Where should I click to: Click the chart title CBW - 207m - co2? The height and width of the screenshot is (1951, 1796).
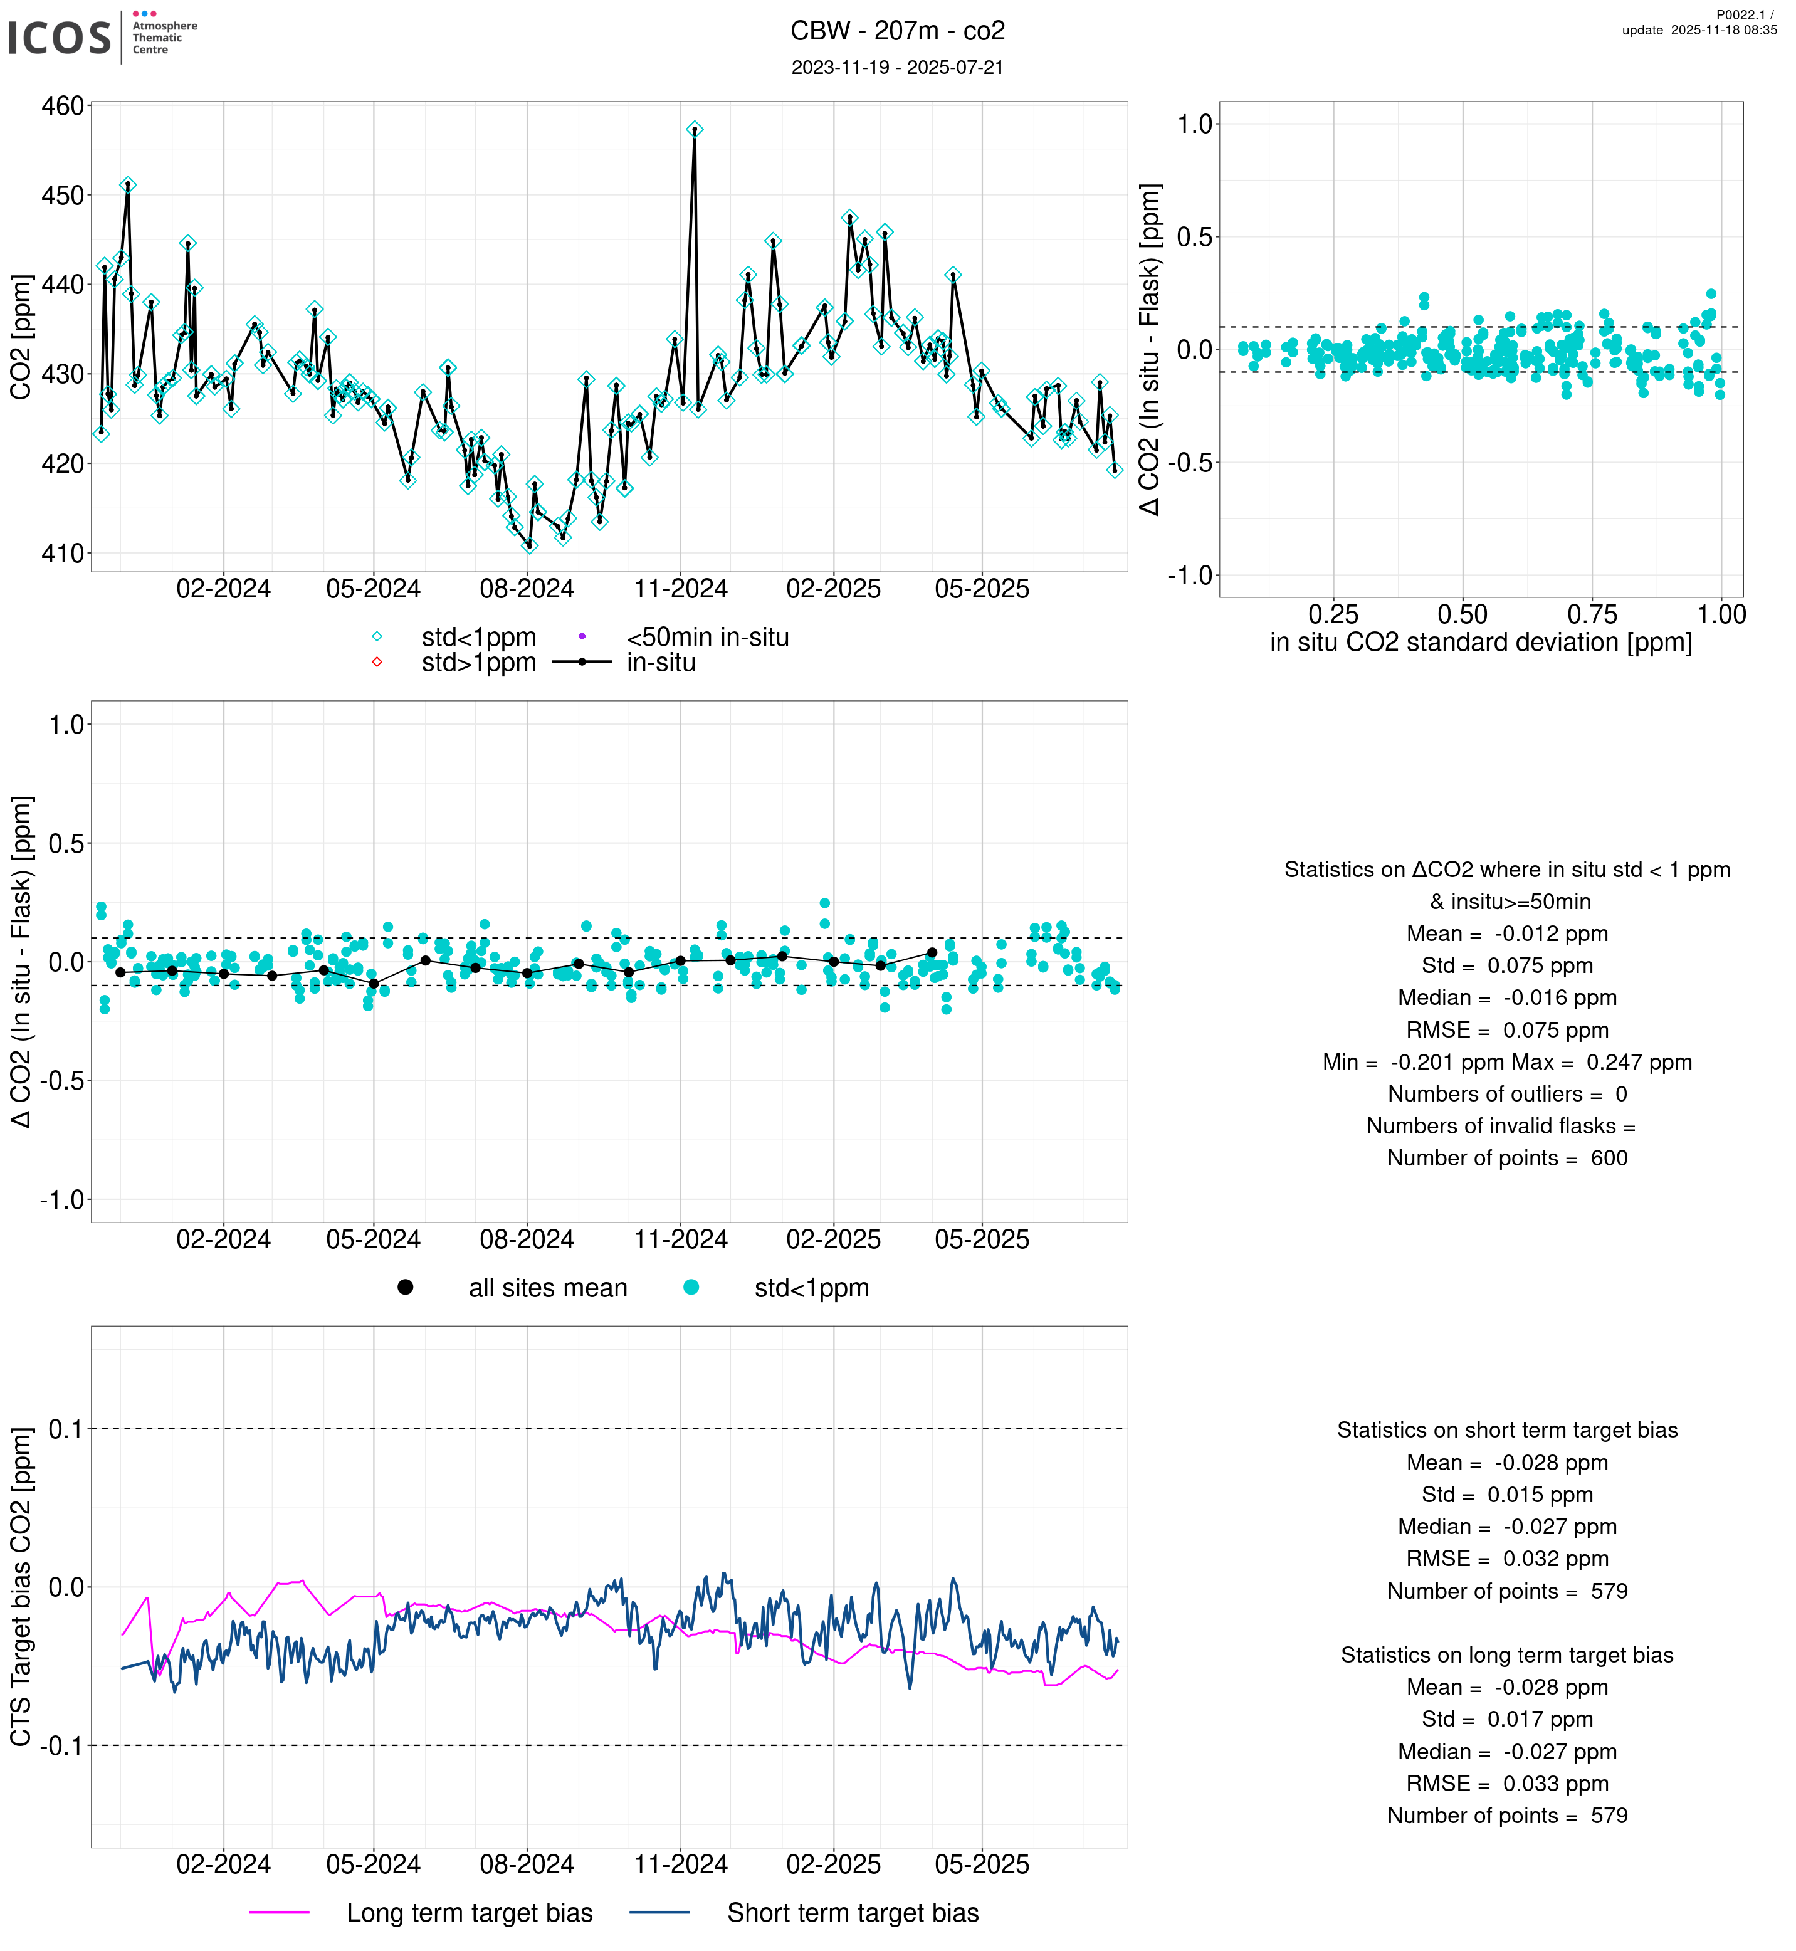[897, 31]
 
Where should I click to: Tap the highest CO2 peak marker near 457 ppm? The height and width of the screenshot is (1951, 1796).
[694, 129]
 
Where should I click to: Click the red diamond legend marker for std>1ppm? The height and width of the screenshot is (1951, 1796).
[377, 663]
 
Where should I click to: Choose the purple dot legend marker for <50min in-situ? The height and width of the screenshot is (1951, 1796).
[582, 637]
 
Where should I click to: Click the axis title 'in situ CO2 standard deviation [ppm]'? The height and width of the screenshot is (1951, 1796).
[1480, 643]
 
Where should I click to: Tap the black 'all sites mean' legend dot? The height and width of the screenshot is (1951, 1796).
[405, 1287]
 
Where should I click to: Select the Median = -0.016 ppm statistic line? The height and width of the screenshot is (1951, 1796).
[1506, 997]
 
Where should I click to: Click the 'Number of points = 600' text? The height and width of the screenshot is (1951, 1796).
[1506, 1158]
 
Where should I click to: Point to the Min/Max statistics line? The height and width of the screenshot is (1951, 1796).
[1506, 1061]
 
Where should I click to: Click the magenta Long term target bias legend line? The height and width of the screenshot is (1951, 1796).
[279, 1912]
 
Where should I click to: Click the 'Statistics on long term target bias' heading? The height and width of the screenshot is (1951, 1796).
[1506, 1654]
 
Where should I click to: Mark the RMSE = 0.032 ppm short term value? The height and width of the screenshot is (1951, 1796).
[1506, 1559]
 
